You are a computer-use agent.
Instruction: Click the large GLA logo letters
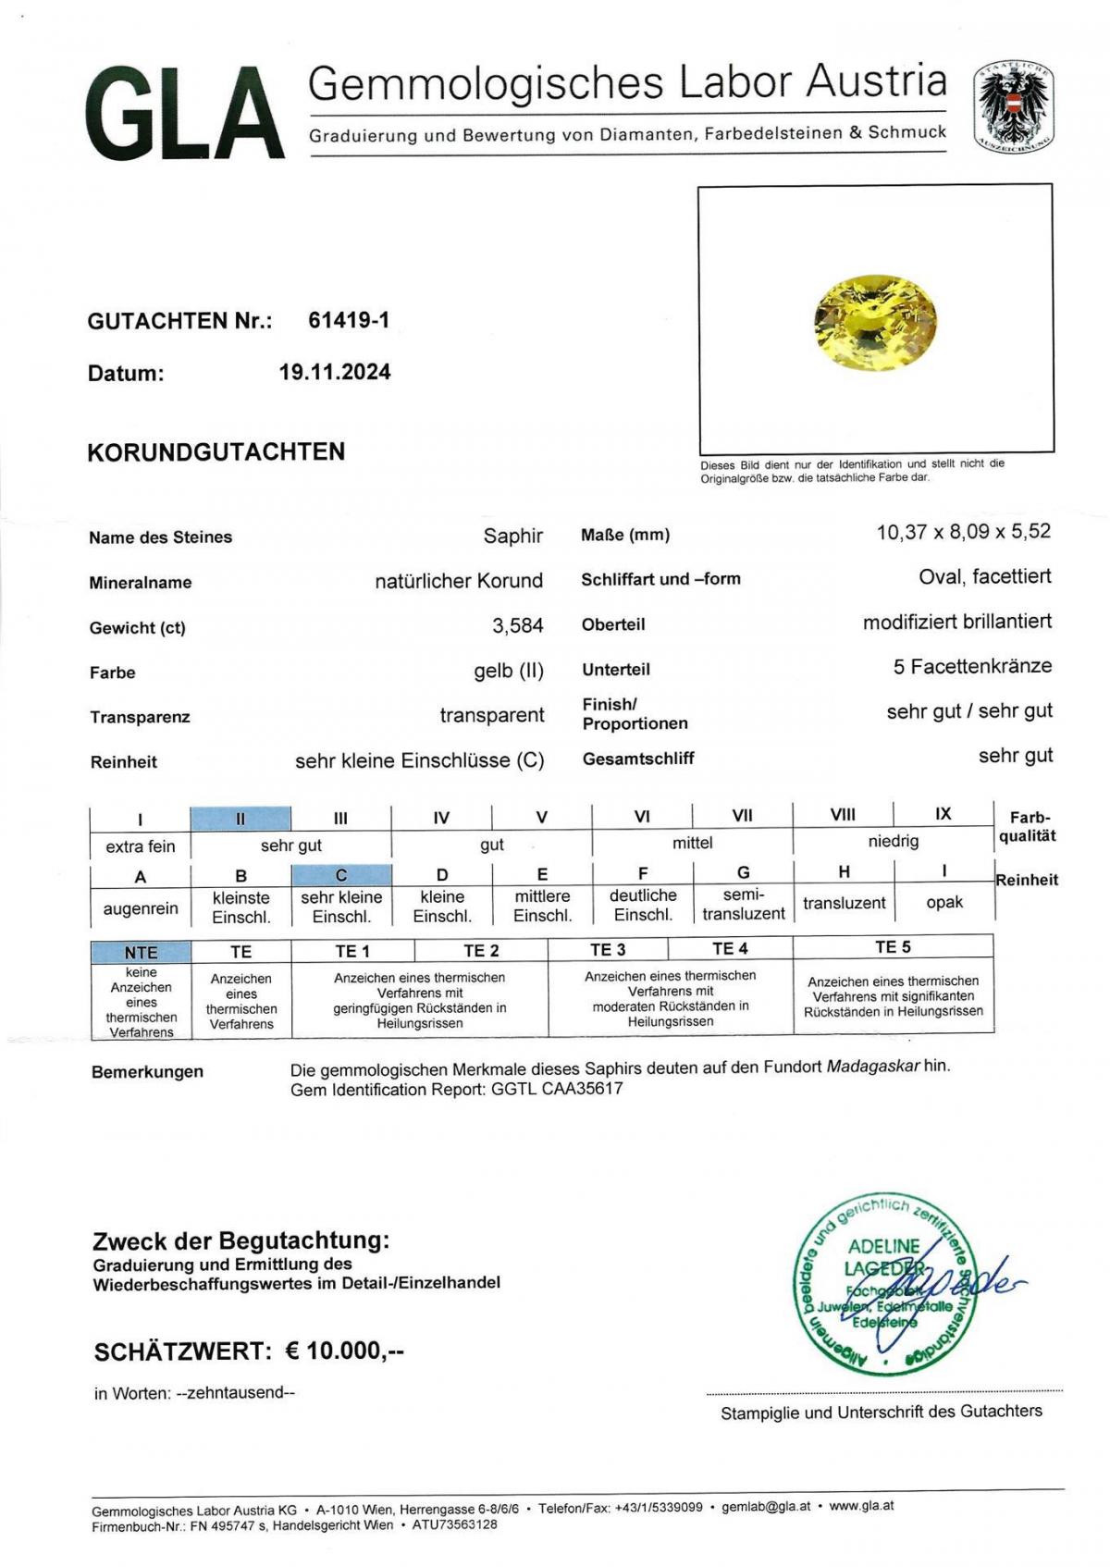(x=184, y=115)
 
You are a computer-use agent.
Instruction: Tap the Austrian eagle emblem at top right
(x=1013, y=107)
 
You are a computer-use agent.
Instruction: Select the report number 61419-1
(x=349, y=320)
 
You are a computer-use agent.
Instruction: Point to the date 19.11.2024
(x=335, y=372)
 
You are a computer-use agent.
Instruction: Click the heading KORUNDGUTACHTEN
(x=216, y=451)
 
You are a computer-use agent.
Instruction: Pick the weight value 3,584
(x=517, y=626)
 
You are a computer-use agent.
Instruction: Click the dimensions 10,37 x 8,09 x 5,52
(x=963, y=532)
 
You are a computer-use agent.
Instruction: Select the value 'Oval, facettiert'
(x=984, y=576)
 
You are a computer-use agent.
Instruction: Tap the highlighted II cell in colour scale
(x=240, y=819)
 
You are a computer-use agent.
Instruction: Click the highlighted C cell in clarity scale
(x=341, y=875)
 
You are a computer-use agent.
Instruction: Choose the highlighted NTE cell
(x=142, y=952)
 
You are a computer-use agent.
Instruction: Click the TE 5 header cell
(x=893, y=947)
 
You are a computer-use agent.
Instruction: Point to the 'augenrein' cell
(x=141, y=908)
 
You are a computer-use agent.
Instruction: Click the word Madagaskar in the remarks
(x=872, y=1066)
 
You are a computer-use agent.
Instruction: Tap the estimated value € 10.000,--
(x=344, y=1351)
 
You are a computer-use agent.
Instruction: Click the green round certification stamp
(x=883, y=1282)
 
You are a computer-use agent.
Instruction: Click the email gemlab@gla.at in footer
(x=765, y=1507)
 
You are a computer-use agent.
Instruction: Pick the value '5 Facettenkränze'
(x=971, y=666)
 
